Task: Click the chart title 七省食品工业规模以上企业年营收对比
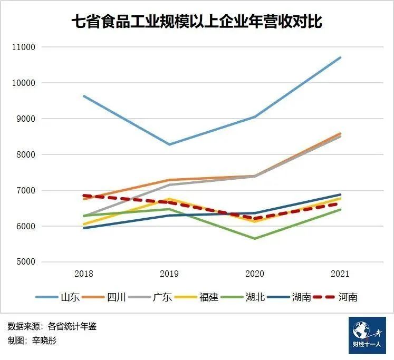click(197, 22)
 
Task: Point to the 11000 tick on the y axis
click(23, 47)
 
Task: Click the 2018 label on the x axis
click(84, 274)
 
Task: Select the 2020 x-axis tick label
click(255, 274)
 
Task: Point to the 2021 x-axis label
click(340, 274)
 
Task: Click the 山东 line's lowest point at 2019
click(169, 144)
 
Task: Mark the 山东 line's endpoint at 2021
click(340, 57)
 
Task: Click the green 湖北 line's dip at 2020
click(255, 238)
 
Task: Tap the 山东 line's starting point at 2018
click(84, 96)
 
